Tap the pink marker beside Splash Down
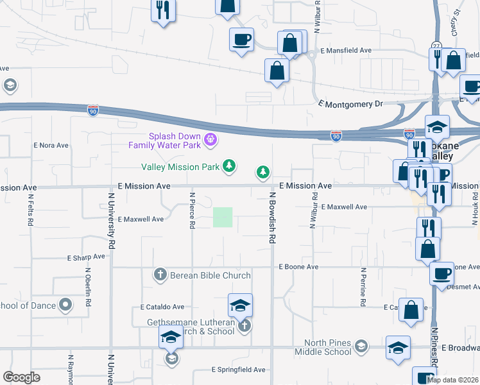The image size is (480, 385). coord(209,139)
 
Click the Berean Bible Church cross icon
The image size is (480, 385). coord(160,275)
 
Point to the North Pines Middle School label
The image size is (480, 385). coord(323,346)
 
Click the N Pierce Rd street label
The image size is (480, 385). coord(192,210)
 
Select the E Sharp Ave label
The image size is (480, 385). coord(86,257)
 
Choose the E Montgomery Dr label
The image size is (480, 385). coord(350,103)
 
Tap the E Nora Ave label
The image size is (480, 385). coord(51,145)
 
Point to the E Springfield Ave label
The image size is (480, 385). coord(239,370)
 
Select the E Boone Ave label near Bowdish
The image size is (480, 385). coord(298,266)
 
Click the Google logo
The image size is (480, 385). coord(21,377)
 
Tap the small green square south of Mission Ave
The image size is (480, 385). coord(223,217)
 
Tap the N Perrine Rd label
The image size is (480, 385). coord(363,286)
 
